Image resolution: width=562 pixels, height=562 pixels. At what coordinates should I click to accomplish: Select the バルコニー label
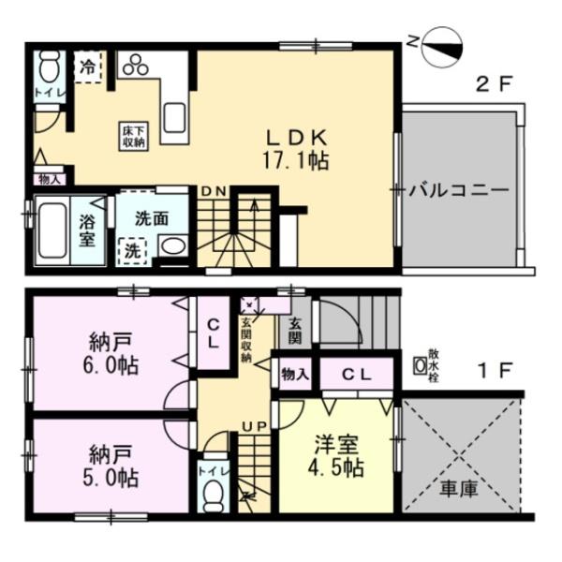tap(459, 189)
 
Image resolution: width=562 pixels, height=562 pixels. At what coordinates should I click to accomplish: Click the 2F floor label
tap(495, 85)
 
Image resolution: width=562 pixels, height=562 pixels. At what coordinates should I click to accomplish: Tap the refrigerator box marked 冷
tap(87, 67)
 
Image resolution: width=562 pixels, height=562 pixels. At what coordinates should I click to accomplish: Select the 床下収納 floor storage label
tap(132, 136)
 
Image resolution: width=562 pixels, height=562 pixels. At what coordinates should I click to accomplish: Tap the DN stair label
tap(213, 191)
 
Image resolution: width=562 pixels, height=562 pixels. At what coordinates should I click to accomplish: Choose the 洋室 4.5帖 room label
tap(335, 454)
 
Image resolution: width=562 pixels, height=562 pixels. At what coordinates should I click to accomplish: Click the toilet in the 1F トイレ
tap(212, 492)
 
